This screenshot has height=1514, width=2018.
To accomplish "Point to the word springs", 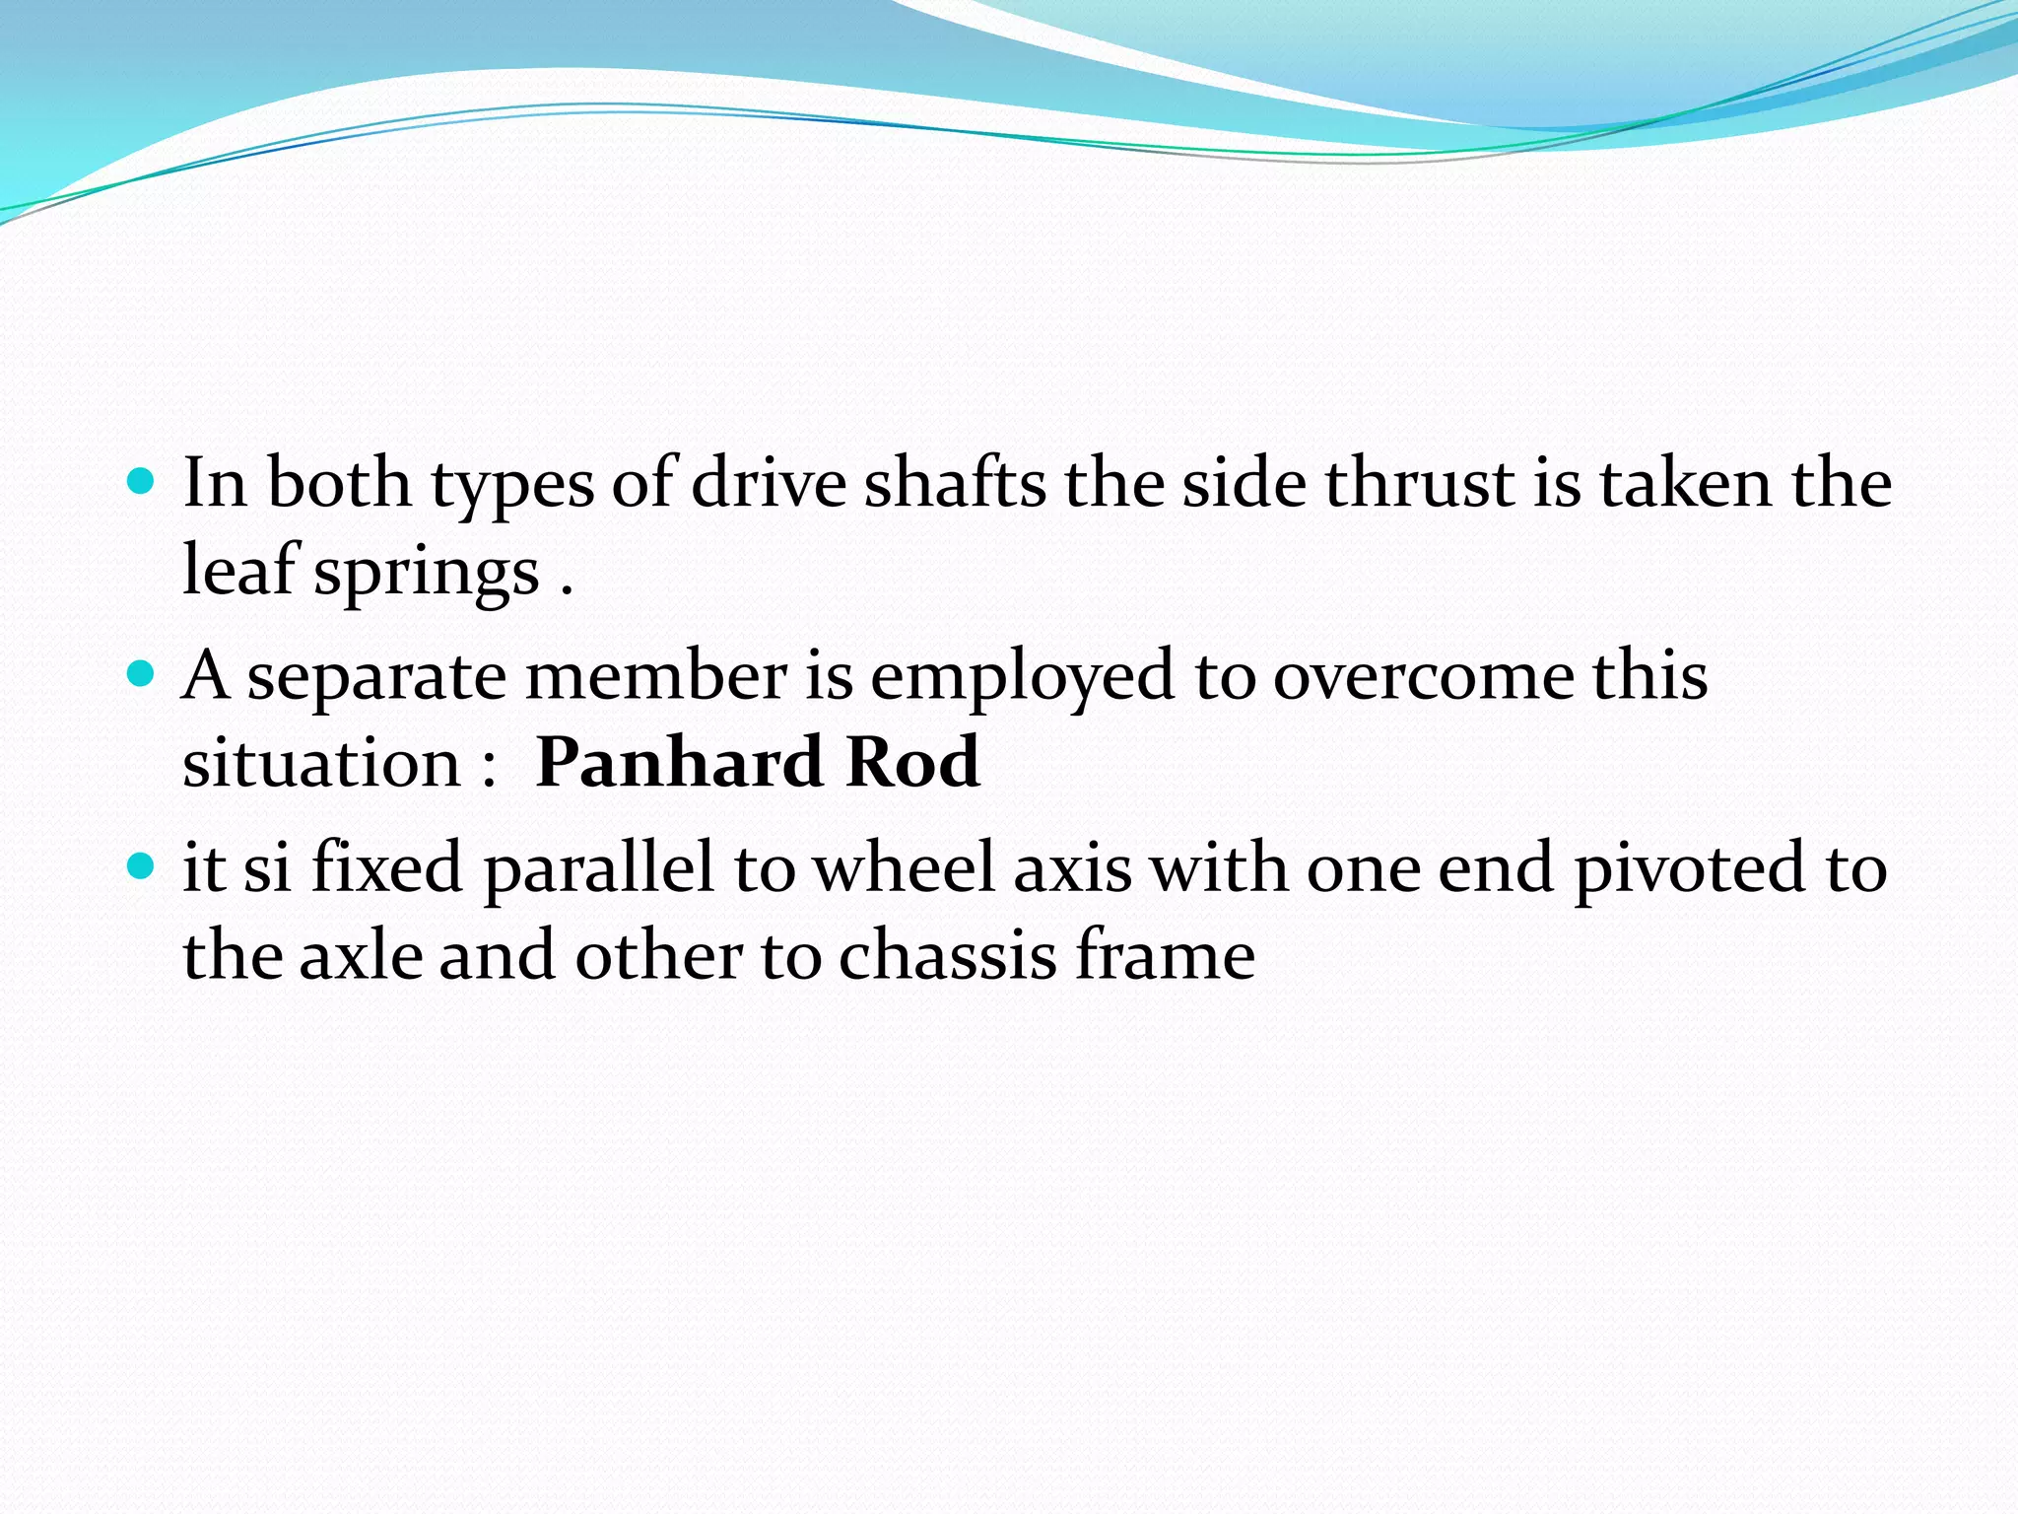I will (x=427, y=572).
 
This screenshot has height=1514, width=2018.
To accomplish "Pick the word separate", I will (x=377, y=677).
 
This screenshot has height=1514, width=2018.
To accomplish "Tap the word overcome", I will (x=1424, y=677).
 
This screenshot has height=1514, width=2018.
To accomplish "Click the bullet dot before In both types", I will (x=142, y=482).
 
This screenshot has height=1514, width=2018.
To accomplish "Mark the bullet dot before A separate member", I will (x=142, y=674).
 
